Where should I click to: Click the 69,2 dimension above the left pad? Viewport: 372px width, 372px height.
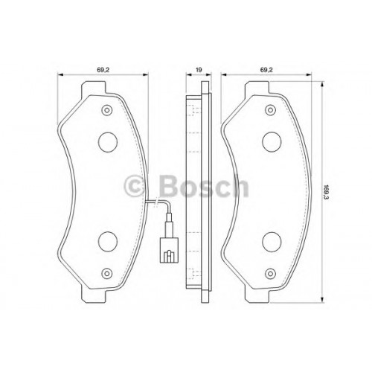(103, 70)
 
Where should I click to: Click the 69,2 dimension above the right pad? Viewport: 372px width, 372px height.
(266, 70)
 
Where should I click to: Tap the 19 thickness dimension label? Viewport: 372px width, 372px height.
(199, 70)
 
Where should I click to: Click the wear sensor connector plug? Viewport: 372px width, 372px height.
(169, 250)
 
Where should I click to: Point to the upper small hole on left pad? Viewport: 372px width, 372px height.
(107, 110)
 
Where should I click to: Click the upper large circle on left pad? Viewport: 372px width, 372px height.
(108, 142)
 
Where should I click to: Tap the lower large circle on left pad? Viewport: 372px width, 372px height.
(108, 242)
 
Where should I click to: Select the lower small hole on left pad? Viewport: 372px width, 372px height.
(107, 274)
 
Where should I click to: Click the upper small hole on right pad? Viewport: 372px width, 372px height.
(270, 110)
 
